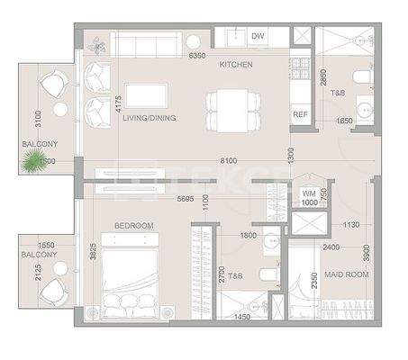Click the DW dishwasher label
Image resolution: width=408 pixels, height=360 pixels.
(258, 37)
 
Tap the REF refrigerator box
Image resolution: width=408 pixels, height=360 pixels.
(300, 114)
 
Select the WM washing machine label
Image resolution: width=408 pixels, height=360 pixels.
(308, 192)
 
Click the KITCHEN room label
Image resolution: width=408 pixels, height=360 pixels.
(236, 65)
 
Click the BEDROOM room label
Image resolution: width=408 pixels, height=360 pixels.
(133, 225)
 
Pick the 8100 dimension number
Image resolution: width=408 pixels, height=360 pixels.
(229, 161)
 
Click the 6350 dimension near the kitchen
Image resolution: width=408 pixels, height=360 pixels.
(198, 55)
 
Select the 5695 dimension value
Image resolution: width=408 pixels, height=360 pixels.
(186, 199)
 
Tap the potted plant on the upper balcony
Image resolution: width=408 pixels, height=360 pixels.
(33, 160)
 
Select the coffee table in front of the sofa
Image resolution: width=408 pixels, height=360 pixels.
(146, 94)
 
